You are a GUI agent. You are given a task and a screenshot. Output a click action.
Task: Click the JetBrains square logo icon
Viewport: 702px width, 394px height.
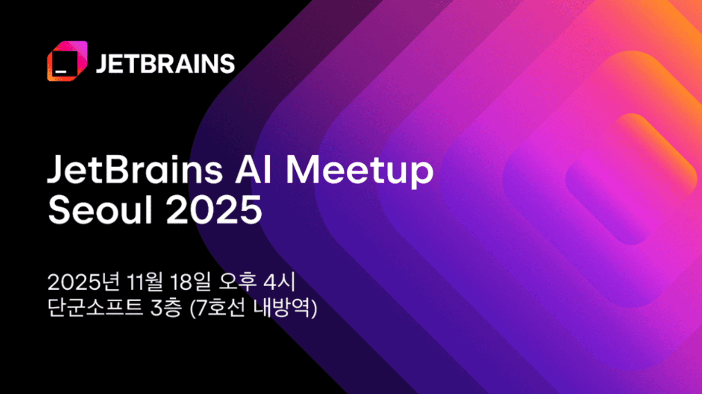coord(67,61)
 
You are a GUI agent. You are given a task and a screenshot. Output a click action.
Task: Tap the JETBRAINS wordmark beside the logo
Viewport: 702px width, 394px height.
coord(165,63)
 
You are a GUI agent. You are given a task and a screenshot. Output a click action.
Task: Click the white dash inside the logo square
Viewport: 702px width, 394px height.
coord(61,72)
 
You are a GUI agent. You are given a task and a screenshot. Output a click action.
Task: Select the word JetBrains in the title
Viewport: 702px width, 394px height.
coord(135,169)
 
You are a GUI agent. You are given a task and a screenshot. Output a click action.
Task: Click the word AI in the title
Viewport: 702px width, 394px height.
coord(253,169)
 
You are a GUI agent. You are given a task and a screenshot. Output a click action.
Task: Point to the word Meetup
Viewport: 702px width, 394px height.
coord(360,172)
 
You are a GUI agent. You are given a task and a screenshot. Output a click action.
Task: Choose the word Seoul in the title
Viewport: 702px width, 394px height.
coord(100,209)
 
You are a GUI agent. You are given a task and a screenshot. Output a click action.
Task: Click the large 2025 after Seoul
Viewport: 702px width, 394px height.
coord(214,209)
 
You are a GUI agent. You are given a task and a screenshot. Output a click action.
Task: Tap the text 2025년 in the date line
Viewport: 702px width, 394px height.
coord(84,281)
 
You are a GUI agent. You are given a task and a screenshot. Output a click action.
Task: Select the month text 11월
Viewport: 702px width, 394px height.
coord(145,281)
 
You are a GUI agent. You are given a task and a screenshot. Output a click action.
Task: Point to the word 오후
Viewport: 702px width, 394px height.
coord(237,281)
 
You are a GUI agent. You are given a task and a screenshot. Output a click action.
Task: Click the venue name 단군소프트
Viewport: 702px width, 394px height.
coord(95,307)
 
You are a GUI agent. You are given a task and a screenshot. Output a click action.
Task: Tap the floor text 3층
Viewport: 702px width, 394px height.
coord(166,307)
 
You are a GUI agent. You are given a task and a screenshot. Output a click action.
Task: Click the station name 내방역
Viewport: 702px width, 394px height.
coord(281,307)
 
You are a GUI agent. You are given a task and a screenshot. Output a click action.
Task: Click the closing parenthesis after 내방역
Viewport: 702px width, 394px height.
coord(313,308)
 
